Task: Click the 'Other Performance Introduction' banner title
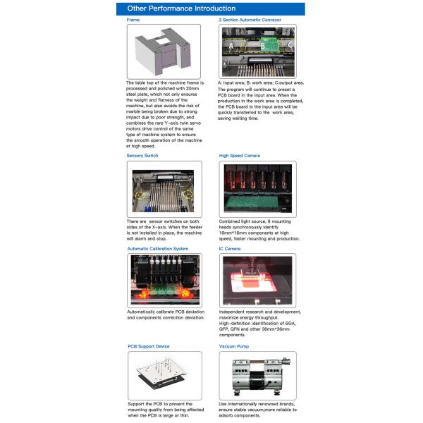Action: click(181, 9)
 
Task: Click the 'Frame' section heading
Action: click(133, 20)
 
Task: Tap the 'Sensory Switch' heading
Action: click(142, 155)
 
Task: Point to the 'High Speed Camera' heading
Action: click(239, 155)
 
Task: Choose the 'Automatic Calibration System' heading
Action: click(157, 248)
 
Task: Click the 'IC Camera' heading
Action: click(230, 248)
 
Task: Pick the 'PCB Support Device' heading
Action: click(148, 346)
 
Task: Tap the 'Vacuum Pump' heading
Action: click(235, 346)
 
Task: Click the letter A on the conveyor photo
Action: click(230, 46)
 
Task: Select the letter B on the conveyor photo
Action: click(262, 46)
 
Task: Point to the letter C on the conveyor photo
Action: click(290, 46)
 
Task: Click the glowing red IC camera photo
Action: click(257, 279)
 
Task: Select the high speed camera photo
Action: click(257, 188)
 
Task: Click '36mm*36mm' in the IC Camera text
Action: click(281, 329)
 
